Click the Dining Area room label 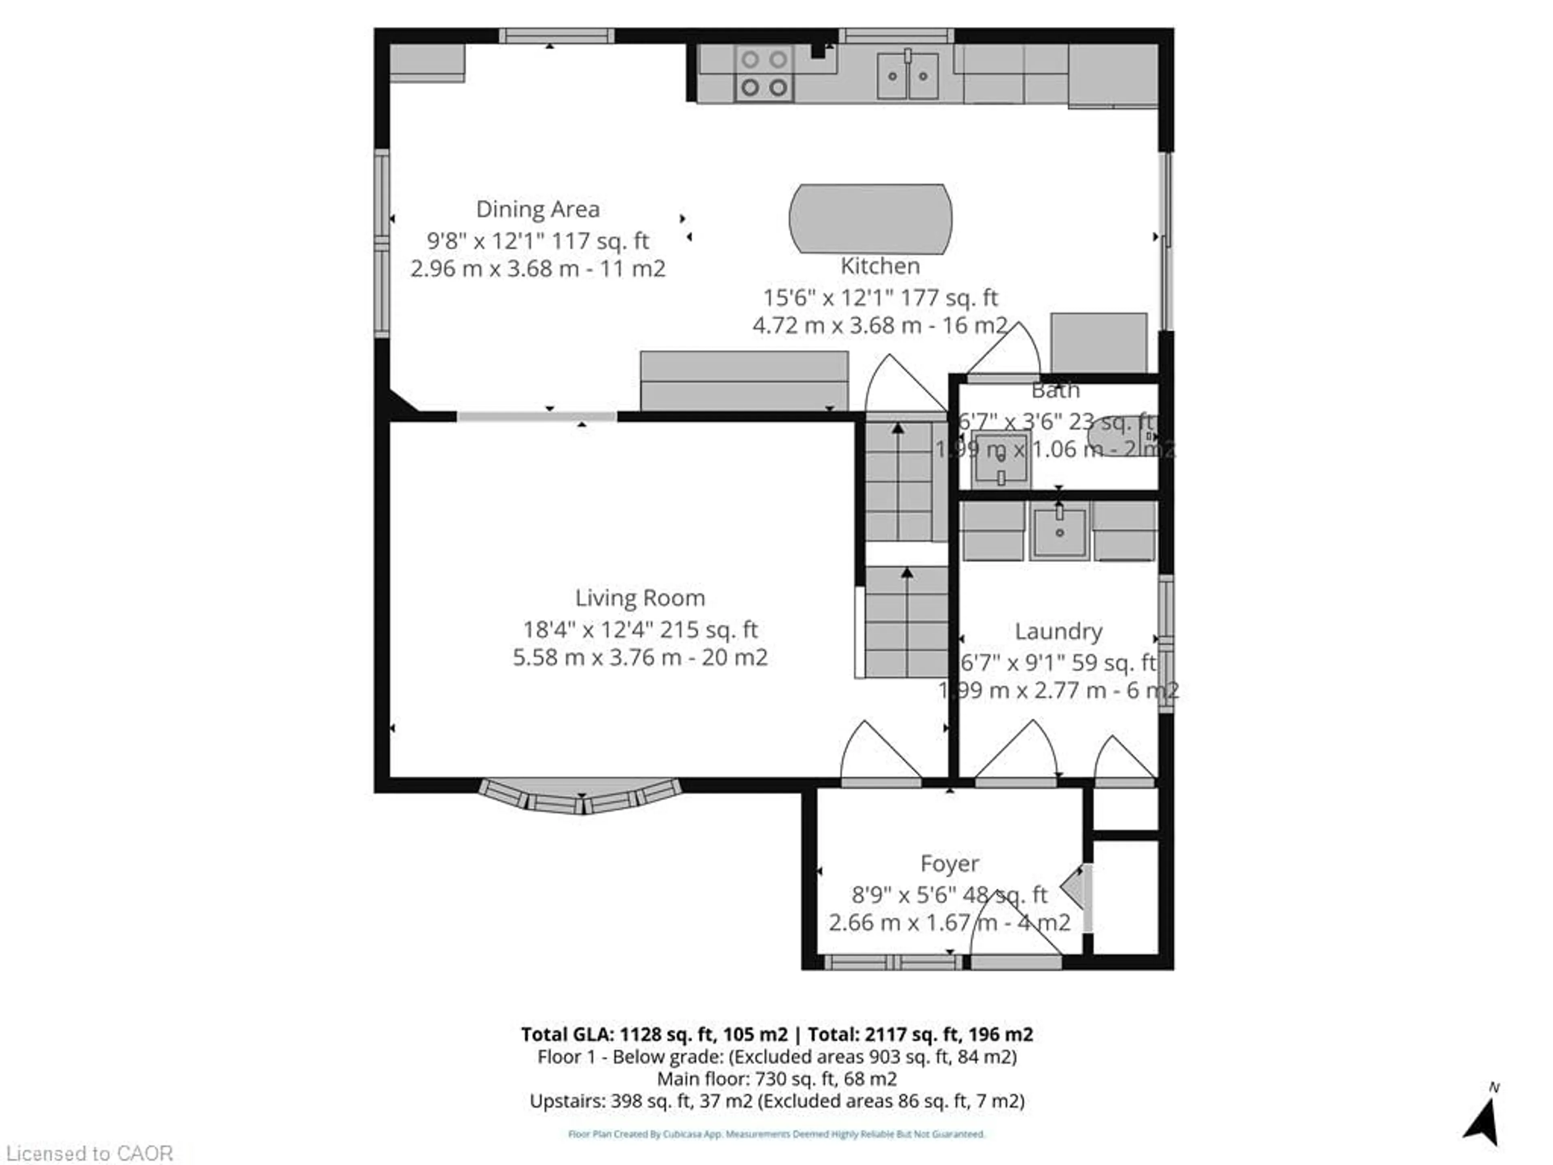tap(538, 209)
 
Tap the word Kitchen tap(880, 266)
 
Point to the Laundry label tap(1058, 631)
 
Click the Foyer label tap(949, 863)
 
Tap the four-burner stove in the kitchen tap(764, 74)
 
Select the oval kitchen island tap(871, 218)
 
